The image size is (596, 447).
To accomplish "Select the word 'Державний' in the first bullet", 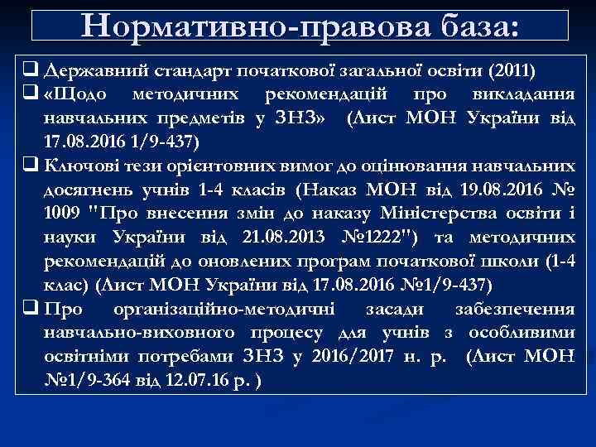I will [x=84, y=67].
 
